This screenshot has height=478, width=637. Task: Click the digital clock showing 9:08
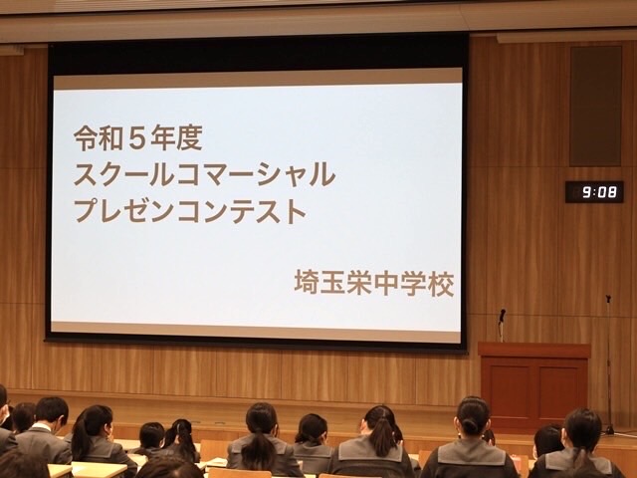point(594,192)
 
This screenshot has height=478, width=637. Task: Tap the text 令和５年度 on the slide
point(138,138)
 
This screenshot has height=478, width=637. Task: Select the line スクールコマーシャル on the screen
point(204,174)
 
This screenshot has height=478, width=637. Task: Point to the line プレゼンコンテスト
point(190,210)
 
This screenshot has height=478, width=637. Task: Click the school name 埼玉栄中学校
point(374,283)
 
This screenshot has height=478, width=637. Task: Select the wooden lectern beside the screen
point(533,385)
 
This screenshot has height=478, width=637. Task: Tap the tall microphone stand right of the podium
point(608,365)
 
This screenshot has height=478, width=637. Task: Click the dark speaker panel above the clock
point(595,107)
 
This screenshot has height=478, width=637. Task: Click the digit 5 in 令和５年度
point(137,138)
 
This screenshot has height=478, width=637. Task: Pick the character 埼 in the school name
point(308,283)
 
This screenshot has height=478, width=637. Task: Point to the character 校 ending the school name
point(441,283)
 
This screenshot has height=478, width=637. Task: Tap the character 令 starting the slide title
point(86,138)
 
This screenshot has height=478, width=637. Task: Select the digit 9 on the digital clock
point(586,192)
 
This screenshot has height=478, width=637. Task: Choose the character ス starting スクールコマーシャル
point(86,174)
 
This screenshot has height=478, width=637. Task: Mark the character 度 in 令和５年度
point(190,138)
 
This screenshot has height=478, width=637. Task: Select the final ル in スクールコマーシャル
point(323,174)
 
